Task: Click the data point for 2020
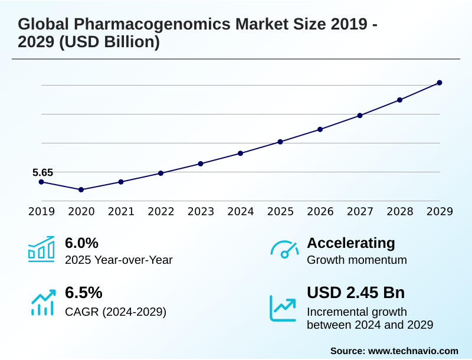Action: [x=81, y=189]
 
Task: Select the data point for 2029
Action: [x=440, y=83]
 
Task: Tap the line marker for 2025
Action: [x=280, y=142]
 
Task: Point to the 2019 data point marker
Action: [x=41, y=182]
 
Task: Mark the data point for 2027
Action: [x=360, y=115]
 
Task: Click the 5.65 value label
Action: [x=42, y=172]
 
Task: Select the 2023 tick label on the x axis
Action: [x=201, y=211]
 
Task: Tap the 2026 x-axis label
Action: [x=320, y=211]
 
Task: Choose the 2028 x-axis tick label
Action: [x=400, y=211]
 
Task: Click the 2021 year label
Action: [x=121, y=211]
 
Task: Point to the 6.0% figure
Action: [x=81, y=243]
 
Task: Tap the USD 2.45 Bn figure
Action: [x=356, y=293]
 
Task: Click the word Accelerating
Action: [x=351, y=243]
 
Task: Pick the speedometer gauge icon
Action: [x=284, y=250]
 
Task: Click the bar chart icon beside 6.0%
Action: [x=41, y=250]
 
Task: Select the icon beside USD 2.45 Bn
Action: [x=283, y=307]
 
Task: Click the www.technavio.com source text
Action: [x=413, y=351]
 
